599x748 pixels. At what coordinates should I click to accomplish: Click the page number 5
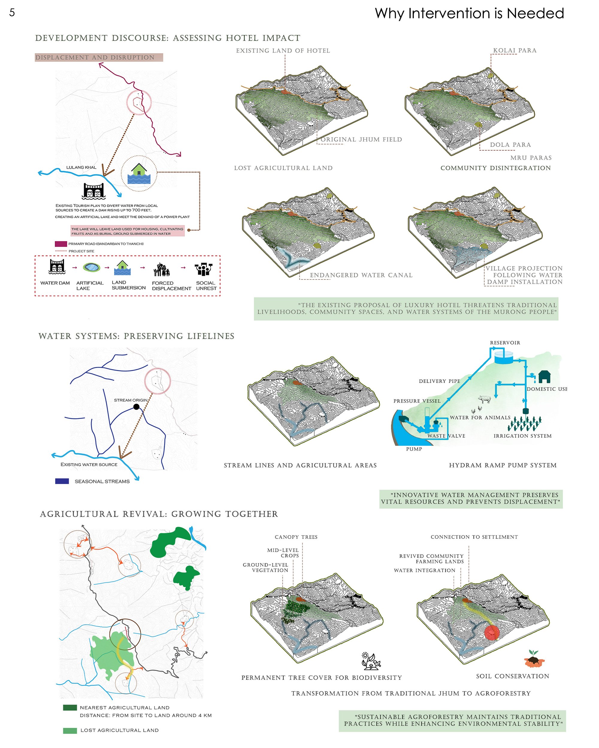pos(12,13)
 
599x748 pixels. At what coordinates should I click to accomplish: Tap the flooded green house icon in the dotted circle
pos(139,174)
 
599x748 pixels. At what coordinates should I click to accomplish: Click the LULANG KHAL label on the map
pos(81,167)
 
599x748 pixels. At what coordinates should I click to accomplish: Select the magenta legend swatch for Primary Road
pos(61,244)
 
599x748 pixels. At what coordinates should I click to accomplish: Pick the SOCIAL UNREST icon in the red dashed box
pos(203,269)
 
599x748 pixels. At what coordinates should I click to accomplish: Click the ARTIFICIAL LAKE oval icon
pos(92,267)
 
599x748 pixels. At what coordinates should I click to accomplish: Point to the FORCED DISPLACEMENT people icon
pos(162,270)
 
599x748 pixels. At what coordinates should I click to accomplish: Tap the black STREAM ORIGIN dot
pos(137,407)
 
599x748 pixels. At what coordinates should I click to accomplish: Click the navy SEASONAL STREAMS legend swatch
pos(62,481)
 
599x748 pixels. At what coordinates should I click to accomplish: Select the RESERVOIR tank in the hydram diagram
pos(503,357)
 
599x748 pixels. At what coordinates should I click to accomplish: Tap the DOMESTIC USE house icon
pos(544,376)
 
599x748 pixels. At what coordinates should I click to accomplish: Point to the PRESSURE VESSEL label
pos(417,401)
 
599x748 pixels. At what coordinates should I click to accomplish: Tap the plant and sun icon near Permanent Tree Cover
pos(371,661)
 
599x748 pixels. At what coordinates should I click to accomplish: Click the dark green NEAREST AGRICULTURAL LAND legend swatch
pos(70,707)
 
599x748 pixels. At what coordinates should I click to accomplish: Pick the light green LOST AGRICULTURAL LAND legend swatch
pos(70,731)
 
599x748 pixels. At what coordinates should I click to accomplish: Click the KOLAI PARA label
pos(515,50)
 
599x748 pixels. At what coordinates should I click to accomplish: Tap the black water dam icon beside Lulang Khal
pos(93,191)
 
